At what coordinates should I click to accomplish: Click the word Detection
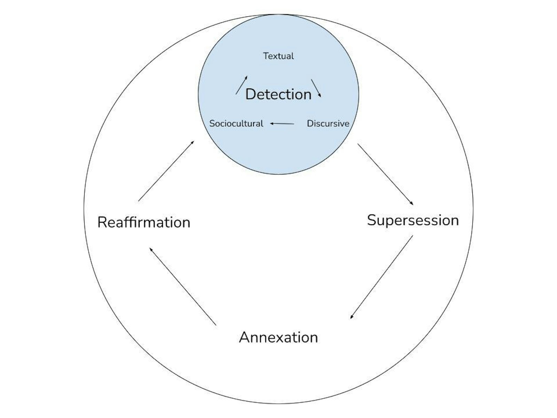click(278, 94)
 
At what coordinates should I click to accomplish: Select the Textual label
click(278, 56)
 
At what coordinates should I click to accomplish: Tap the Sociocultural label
click(236, 124)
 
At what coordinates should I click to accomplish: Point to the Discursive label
click(328, 124)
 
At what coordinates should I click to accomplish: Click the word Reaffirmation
click(144, 222)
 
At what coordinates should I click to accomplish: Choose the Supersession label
click(413, 220)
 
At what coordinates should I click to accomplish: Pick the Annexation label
click(278, 337)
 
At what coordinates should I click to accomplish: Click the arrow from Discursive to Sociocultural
click(282, 124)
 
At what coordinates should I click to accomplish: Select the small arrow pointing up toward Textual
click(241, 85)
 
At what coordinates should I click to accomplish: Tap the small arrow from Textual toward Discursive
click(316, 88)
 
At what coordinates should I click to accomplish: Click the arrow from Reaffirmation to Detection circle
click(166, 171)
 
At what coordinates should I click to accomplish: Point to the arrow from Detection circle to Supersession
click(385, 175)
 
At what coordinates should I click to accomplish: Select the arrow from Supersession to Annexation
click(382, 277)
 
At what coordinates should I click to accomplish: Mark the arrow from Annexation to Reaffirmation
click(183, 287)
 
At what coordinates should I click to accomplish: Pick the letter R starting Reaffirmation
click(102, 222)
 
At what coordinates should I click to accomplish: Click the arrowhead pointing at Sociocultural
click(272, 124)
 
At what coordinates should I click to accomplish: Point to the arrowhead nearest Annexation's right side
click(352, 317)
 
